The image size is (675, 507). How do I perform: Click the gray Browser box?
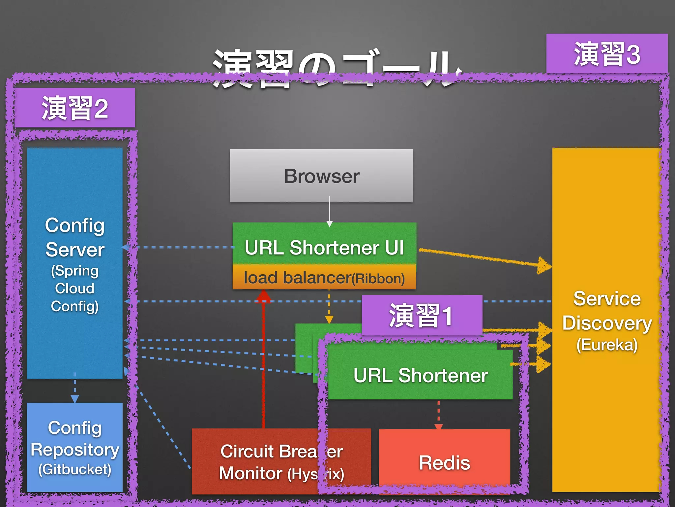[321, 176]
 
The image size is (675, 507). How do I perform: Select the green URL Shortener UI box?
[324, 244]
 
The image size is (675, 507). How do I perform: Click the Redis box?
[444, 462]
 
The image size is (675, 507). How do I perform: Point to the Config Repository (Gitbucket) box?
[75, 447]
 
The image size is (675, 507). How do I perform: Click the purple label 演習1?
[422, 315]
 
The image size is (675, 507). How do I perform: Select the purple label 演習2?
[75, 108]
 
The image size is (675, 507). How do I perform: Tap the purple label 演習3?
[607, 54]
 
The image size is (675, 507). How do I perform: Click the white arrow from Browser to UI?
[329, 211]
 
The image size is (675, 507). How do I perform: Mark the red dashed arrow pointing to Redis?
[438, 414]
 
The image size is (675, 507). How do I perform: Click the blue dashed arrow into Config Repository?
[75, 389]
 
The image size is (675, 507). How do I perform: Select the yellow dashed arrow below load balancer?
[329, 307]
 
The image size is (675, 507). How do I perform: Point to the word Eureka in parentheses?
[607, 345]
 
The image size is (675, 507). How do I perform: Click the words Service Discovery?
[607, 310]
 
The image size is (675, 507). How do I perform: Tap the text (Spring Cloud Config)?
[75, 288]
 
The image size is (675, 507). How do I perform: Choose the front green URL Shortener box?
[420, 376]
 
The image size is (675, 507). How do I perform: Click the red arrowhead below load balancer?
[264, 296]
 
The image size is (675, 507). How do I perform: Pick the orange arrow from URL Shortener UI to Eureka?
[484, 258]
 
